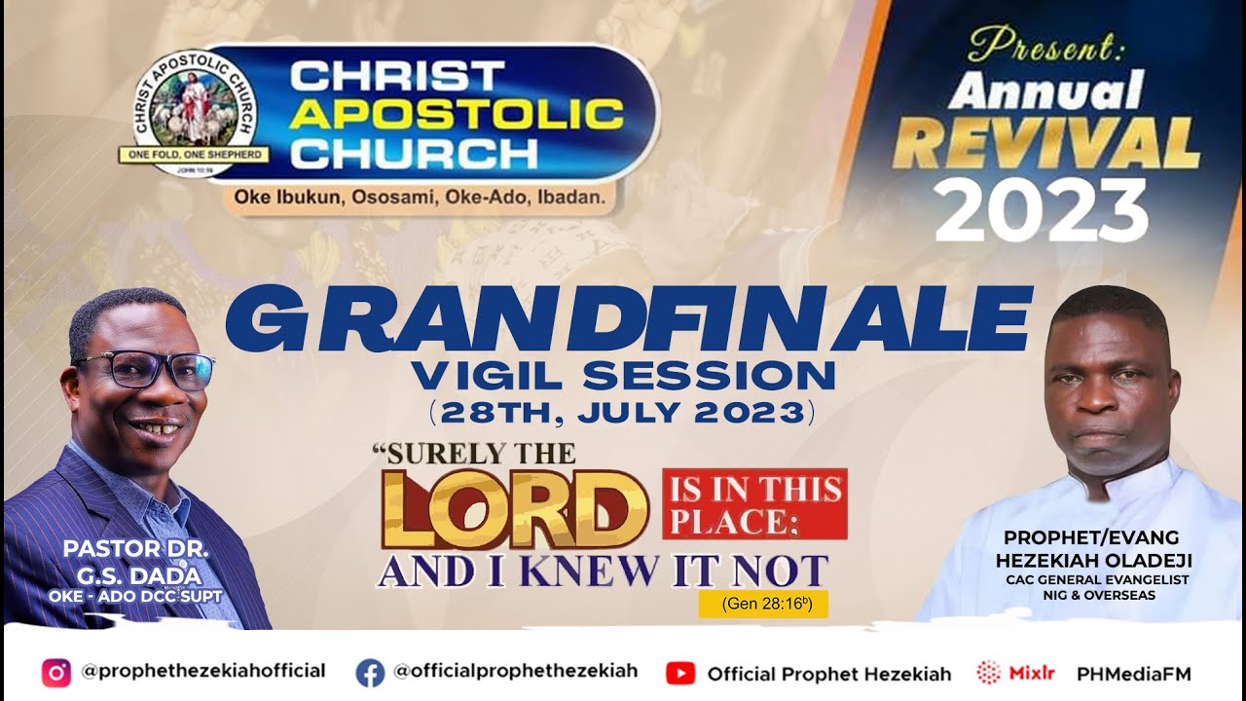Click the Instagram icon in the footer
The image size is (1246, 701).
click(x=56, y=672)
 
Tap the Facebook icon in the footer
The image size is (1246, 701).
click(x=370, y=672)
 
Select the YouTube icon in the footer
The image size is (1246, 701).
click(x=679, y=673)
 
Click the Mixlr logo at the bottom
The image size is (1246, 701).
click(x=1004, y=673)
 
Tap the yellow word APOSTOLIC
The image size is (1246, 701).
click(x=456, y=114)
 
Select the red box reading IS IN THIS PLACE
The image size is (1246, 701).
click(x=754, y=503)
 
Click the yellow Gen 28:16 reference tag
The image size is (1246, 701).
click(x=762, y=604)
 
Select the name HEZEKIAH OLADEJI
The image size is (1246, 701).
click(x=1093, y=561)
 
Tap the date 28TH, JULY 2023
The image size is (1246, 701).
click(x=622, y=412)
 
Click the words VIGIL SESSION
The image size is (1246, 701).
click(x=622, y=374)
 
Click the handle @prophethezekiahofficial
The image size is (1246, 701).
click(x=203, y=671)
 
